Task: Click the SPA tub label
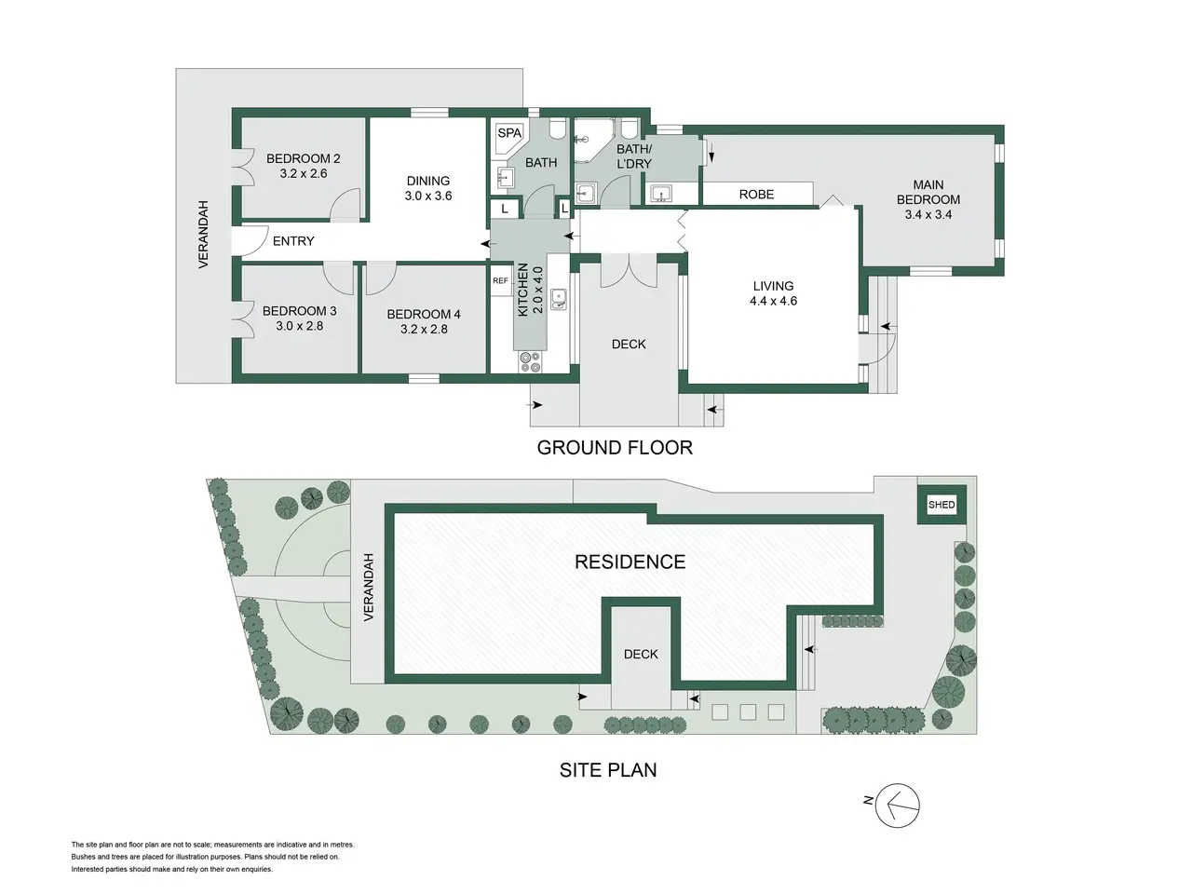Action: click(509, 133)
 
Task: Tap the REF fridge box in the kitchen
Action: click(501, 280)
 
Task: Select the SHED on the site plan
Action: click(941, 505)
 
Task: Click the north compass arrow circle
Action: click(898, 806)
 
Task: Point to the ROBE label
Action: click(756, 195)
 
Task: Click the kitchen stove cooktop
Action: click(530, 362)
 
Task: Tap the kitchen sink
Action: click(558, 299)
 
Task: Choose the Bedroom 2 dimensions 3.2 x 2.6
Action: click(303, 174)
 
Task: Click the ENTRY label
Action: click(293, 241)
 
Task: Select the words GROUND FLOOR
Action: click(615, 448)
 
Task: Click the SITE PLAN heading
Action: click(608, 770)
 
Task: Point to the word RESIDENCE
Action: click(630, 562)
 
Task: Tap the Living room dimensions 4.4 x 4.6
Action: click(773, 301)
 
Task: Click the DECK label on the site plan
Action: click(641, 654)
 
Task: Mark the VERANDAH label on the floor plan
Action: click(203, 235)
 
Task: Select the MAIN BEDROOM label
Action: click(928, 192)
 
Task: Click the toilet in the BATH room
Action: click(557, 129)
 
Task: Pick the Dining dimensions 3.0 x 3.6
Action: click(428, 196)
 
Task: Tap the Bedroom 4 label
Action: click(424, 314)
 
